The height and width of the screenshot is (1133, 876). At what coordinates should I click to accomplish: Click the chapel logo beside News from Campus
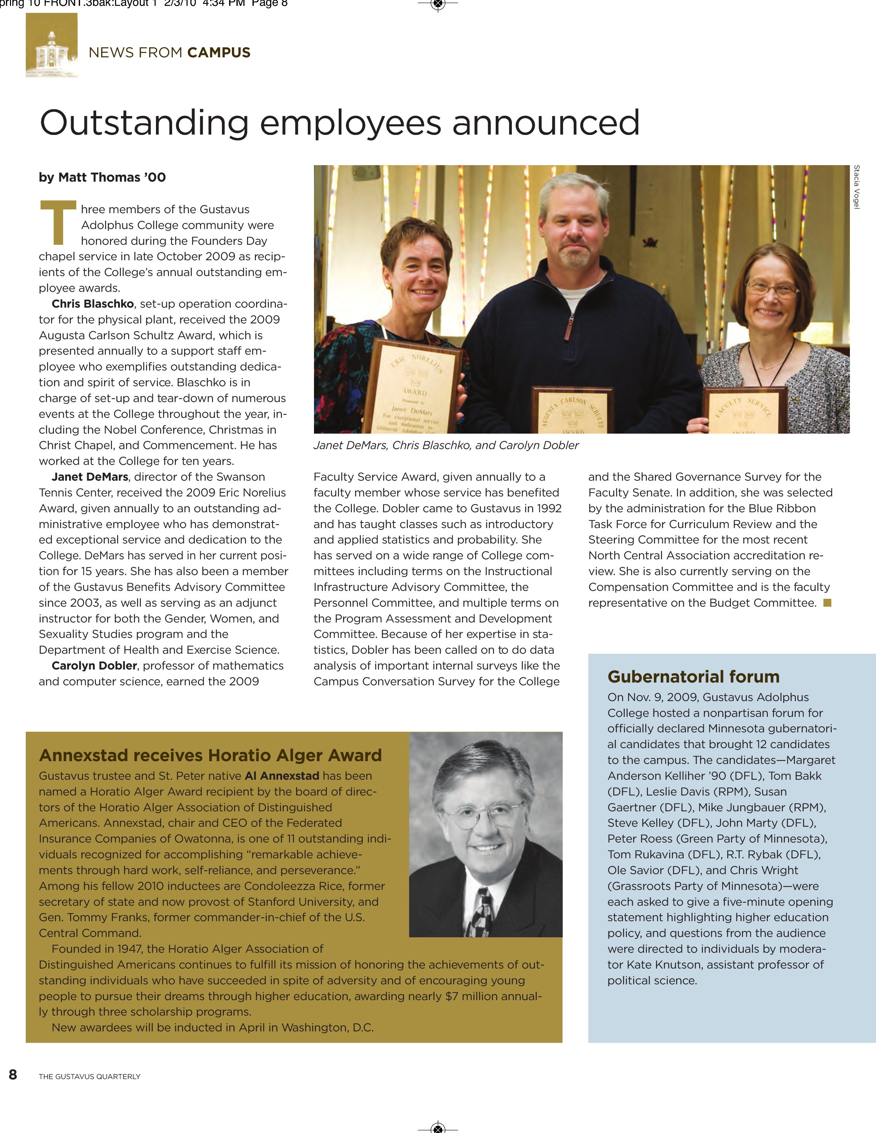click(52, 46)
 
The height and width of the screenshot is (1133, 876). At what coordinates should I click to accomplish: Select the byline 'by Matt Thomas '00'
click(102, 178)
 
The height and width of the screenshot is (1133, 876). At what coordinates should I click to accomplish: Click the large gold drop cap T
click(58, 222)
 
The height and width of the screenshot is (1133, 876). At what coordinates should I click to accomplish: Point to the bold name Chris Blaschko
click(93, 304)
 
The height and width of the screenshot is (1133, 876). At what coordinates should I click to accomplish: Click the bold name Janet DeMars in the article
click(90, 477)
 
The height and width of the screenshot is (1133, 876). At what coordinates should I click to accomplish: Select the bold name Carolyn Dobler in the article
click(94, 666)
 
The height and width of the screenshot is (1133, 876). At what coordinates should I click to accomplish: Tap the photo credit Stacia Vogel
click(857, 187)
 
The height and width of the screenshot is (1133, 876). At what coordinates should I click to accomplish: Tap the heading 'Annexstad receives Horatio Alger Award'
click(210, 755)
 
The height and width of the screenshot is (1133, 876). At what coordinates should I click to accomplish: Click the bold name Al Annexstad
click(282, 776)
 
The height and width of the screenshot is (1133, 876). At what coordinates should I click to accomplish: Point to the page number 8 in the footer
click(13, 1074)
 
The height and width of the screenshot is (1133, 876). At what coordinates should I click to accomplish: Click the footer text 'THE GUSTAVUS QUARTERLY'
click(89, 1076)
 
